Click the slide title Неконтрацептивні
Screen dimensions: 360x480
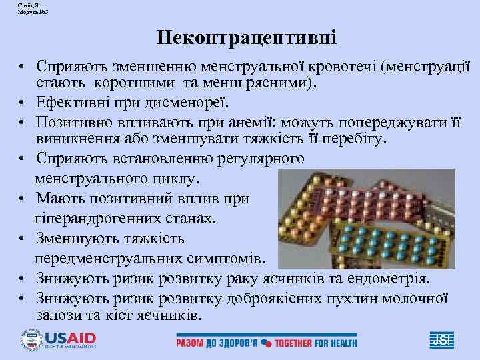point(247,37)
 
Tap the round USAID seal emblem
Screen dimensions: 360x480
point(31,340)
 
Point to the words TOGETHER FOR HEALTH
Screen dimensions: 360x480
point(317,343)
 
